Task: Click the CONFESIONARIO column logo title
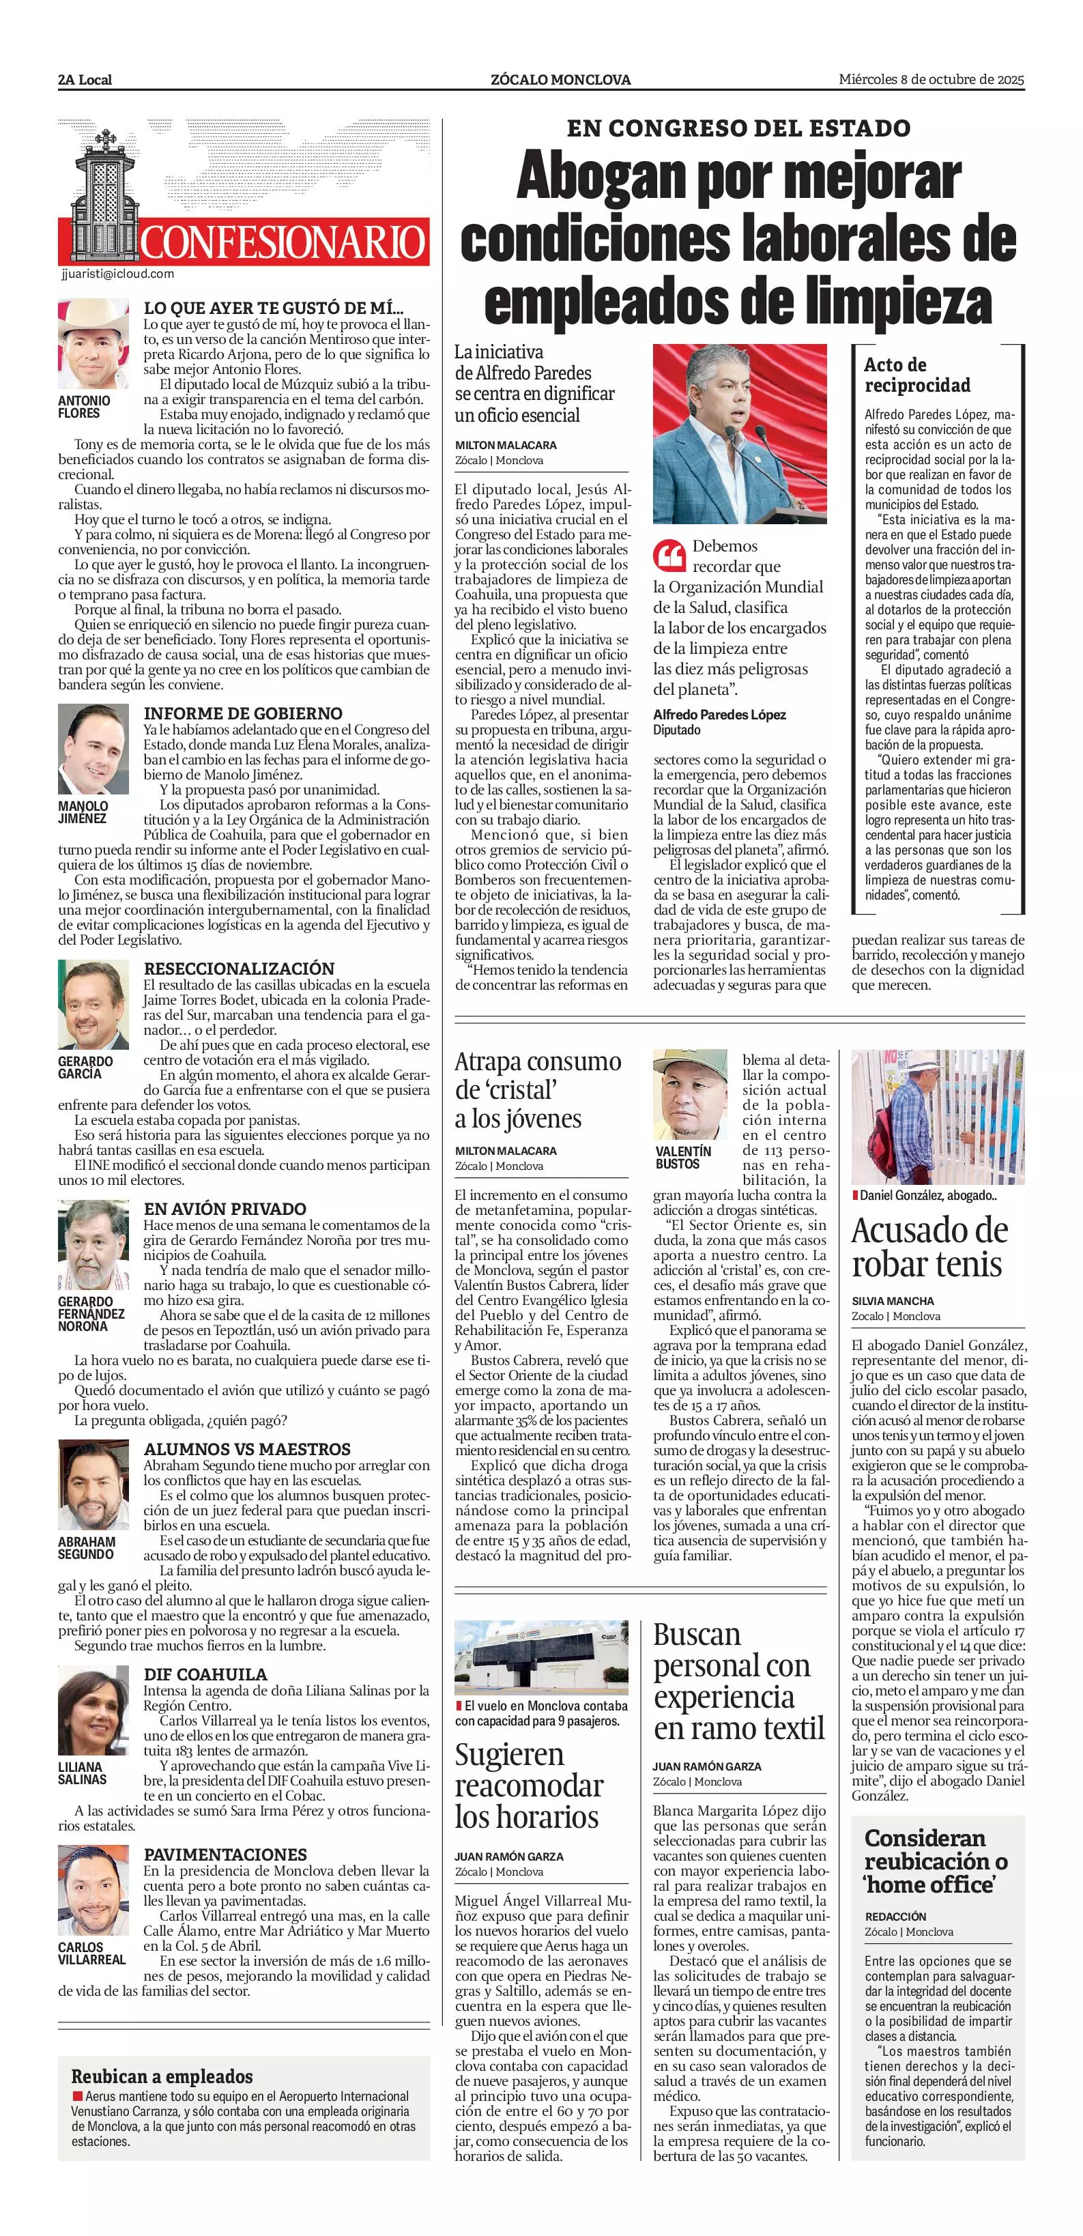(x=283, y=242)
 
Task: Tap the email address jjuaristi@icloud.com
(x=118, y=274)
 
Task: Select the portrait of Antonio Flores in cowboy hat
(x=93, y=345)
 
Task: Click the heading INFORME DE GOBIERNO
(x=243, y=713)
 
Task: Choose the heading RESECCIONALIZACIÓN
(x=239, y=968)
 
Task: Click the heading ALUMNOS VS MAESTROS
(x=247, y=1449)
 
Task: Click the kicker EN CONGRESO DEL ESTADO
(x=738, y=128)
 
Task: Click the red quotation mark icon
(x=668, y=554)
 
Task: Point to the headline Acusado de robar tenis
(x=929, y=1247)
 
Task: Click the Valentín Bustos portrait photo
(x=690, y=1095)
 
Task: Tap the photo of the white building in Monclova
(x=542, y=1657)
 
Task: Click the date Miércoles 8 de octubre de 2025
(x=931, y=79)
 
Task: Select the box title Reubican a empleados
(x=162, y=2076)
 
